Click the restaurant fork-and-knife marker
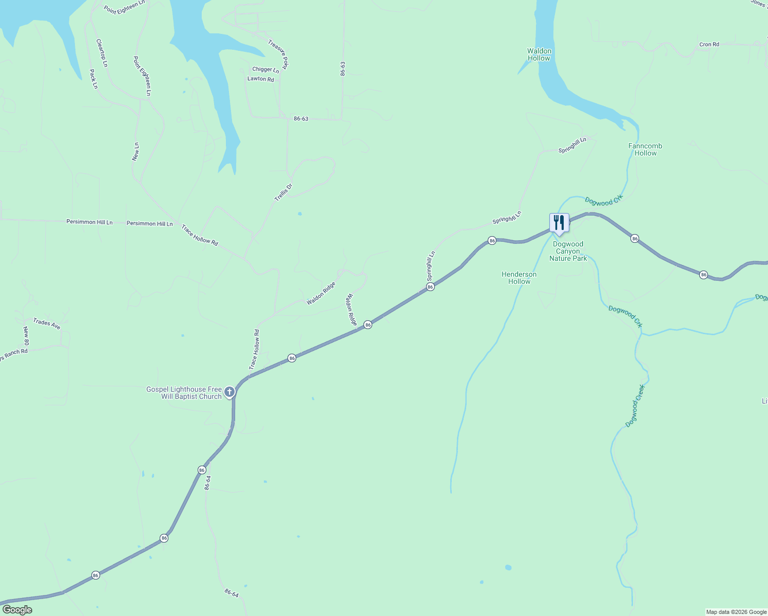point(559,223)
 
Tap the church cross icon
point(229,393)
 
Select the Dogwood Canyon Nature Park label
point(568,252)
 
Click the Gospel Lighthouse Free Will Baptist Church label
point(184,393)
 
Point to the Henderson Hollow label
point(519,278)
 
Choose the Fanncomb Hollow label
point(645,149)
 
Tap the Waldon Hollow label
point(539,54)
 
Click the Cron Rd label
point(709,45)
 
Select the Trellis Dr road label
point(283,192)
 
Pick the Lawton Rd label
point(261,79)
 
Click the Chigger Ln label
point(265,70)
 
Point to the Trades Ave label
point(47,323)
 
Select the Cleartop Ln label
point(102,53)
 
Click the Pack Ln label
point(93,79)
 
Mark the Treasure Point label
point(278,55)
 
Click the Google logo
point(17,610)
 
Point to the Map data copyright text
point(736,612)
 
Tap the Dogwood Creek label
point(635,406)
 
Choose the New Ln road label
point(136,152)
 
